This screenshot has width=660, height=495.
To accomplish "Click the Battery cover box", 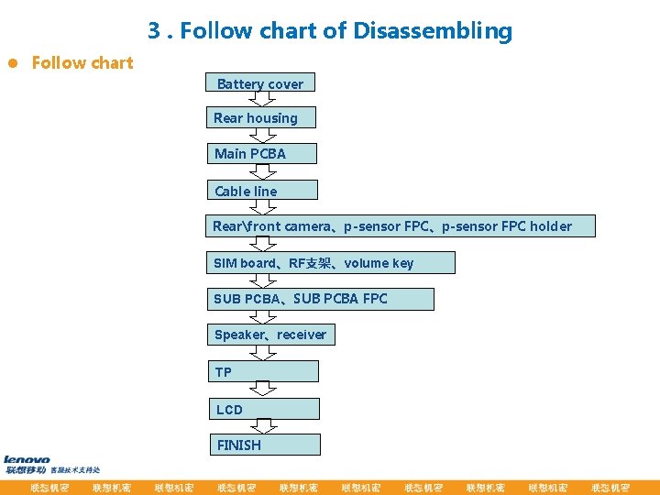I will (260, 83).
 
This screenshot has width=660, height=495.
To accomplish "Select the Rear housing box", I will (260, 117).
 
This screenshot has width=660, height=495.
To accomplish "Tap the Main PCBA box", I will (261, 153).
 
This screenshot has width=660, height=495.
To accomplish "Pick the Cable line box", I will (261, 191).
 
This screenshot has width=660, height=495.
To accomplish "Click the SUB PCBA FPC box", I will (319, 299).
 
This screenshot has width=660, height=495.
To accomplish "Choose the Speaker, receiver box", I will (270, 335).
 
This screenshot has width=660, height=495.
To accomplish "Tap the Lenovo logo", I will (27, 459).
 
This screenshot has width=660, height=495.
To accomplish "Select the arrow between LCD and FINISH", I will (264, 426).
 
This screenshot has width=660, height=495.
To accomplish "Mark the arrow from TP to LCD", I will (264, 390).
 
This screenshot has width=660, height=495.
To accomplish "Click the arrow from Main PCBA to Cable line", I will (263, 171).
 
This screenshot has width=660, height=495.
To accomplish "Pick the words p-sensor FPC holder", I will (506, 226).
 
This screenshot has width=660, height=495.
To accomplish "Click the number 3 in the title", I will (154, 31).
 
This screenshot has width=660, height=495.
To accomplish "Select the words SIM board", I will (243, 263).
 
